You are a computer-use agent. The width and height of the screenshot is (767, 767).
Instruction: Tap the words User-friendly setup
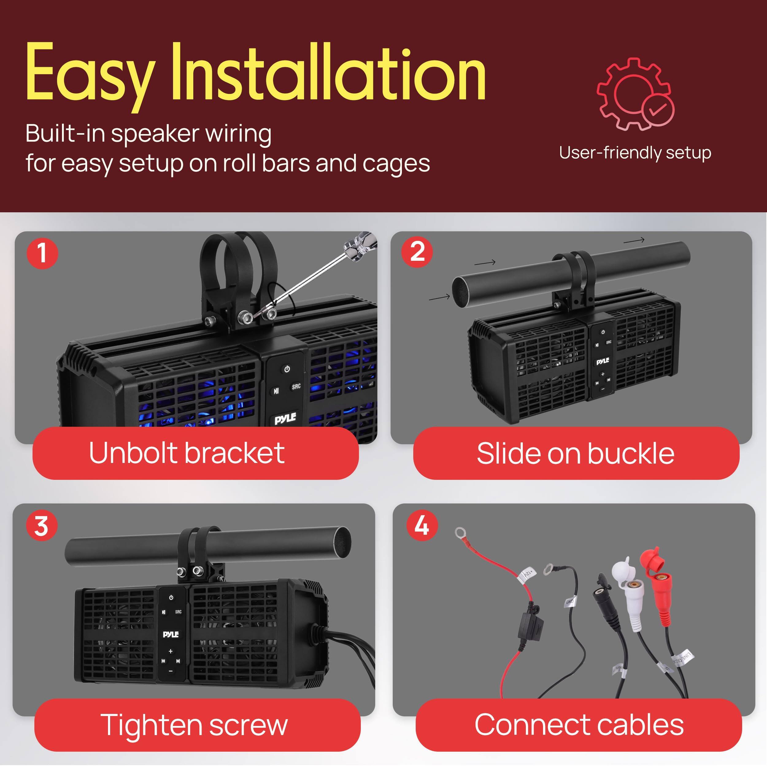point(635,153)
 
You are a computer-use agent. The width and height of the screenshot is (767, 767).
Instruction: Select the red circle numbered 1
point(42,253)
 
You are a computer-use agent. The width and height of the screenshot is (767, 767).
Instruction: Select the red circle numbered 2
point(417,252)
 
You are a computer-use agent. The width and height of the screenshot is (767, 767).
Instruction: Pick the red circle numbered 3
point(42,526)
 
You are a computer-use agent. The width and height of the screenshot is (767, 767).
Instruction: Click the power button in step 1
point(287,369)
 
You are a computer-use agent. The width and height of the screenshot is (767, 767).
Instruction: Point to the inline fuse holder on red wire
point(530,627)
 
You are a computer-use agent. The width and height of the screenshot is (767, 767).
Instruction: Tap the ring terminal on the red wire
point(461,532)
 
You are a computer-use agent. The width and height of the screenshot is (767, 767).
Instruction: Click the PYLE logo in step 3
point(171,634)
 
